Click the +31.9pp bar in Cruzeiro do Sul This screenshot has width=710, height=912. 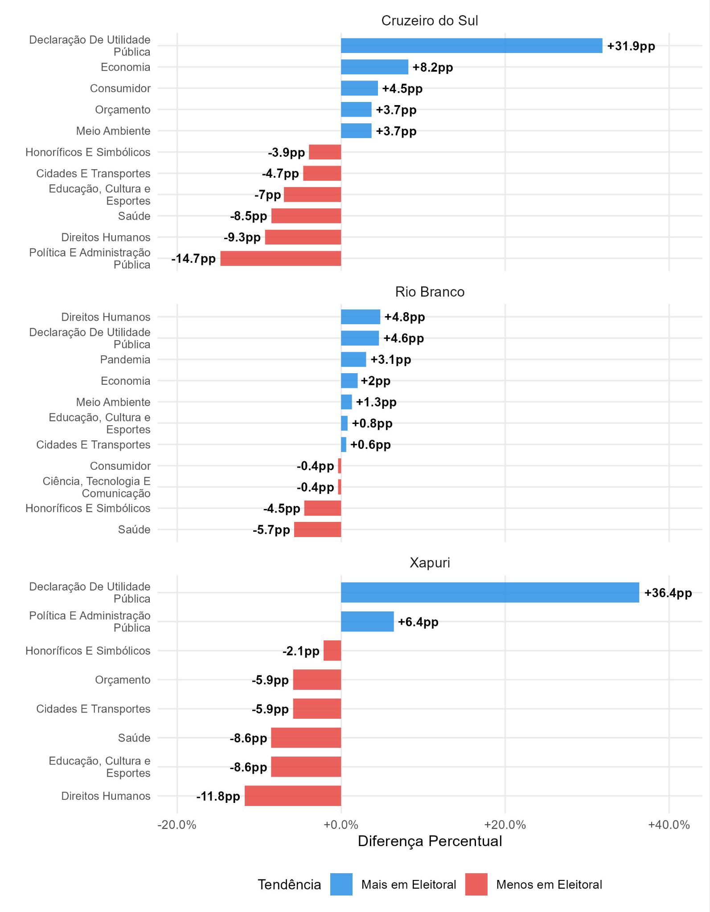coord(472,46)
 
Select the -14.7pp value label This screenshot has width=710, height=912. coord(193,259)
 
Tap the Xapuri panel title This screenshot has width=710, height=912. coord(430,562)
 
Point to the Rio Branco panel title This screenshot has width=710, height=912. coord(430,292)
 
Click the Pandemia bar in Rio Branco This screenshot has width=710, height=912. coord(353,359)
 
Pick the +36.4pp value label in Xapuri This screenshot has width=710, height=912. coord(668,593)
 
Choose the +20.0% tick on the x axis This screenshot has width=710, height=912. coord(505,825)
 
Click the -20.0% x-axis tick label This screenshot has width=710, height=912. coord(177,825)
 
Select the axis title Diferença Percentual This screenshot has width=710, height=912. coord(430,841)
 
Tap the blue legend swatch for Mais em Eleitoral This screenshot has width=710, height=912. coord(341,884)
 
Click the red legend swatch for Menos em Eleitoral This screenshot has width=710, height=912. coord(476,884)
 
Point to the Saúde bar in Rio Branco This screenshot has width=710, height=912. coord(317,529)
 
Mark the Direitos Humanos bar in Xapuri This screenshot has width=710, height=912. coord(293,796)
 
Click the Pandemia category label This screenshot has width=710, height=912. coord(125,359)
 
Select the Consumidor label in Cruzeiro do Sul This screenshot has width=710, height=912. coord(120,88)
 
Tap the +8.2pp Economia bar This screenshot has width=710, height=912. coord(374,67)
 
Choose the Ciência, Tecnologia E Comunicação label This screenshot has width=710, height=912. coord(97,487)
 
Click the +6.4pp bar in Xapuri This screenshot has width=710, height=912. coord(367,622)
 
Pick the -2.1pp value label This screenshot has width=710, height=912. coord(301,651)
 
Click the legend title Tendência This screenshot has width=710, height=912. coord(289,884)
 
